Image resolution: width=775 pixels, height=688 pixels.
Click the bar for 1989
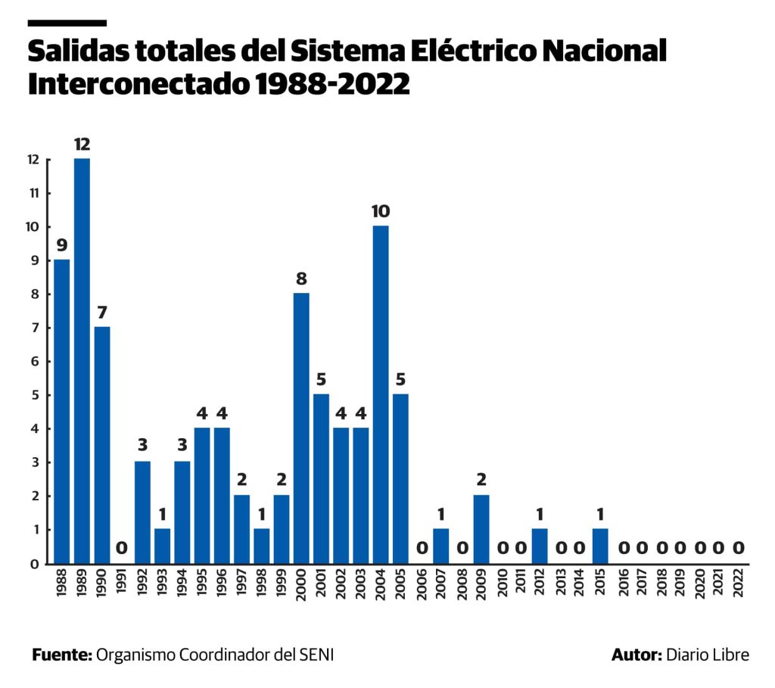click(82, 361)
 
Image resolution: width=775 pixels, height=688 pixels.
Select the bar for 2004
click(381, 394)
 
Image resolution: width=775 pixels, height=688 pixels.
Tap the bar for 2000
click(301, 428)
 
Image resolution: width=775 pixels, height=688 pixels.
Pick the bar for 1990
click(102, 445)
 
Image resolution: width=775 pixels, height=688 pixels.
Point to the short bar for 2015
click(599, 546)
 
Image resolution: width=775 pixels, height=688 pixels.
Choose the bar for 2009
click(481, 529)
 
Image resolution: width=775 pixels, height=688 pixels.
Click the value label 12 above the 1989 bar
click(82, 144)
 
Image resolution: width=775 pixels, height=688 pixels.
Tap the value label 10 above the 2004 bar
click(381, 211)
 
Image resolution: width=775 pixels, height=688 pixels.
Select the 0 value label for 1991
click(122, 548)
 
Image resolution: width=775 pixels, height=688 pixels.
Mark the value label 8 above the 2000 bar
click(301, 279)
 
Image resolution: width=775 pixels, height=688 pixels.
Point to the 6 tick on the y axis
click(34, 362)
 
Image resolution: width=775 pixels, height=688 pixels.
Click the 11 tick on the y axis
click(33, 193)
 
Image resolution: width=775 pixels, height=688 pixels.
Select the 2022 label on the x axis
click(739, 584)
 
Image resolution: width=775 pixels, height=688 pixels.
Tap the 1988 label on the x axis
click(62, 584)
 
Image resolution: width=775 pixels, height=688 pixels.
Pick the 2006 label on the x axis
click(421, 584)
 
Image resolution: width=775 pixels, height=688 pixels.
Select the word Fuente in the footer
click(61, 655)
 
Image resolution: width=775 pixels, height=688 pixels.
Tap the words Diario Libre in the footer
click(708, 655)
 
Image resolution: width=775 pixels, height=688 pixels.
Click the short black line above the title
click(67, 23)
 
